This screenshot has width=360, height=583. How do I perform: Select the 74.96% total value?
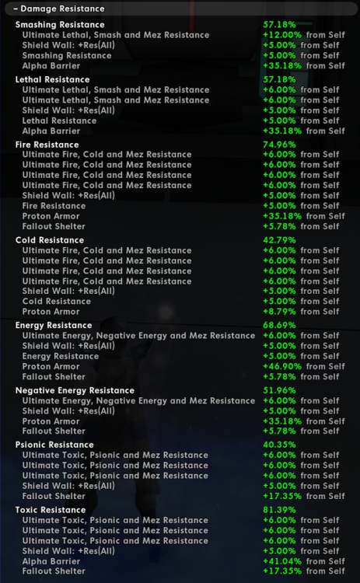(x=280, y=145)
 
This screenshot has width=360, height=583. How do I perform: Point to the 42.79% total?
(x=280, y=240)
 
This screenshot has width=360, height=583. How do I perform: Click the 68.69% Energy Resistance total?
(x=280, y=325)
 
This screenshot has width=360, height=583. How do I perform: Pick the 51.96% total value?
(x=280, y=390)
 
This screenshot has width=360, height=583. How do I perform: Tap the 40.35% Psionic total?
(x=280, y=445)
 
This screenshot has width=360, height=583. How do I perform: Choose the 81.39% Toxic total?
(x=280, y=510)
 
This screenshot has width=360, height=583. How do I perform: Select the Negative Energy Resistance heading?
(x=74, y=390)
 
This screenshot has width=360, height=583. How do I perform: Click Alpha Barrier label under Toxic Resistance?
(x=51, y=561)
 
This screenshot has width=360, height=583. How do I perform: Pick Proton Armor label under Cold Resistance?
(x=51, y=312)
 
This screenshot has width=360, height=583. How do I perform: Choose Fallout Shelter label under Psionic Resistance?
(x=54, y=496)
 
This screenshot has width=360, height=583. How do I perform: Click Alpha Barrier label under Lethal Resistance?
(x=51, y=131)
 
